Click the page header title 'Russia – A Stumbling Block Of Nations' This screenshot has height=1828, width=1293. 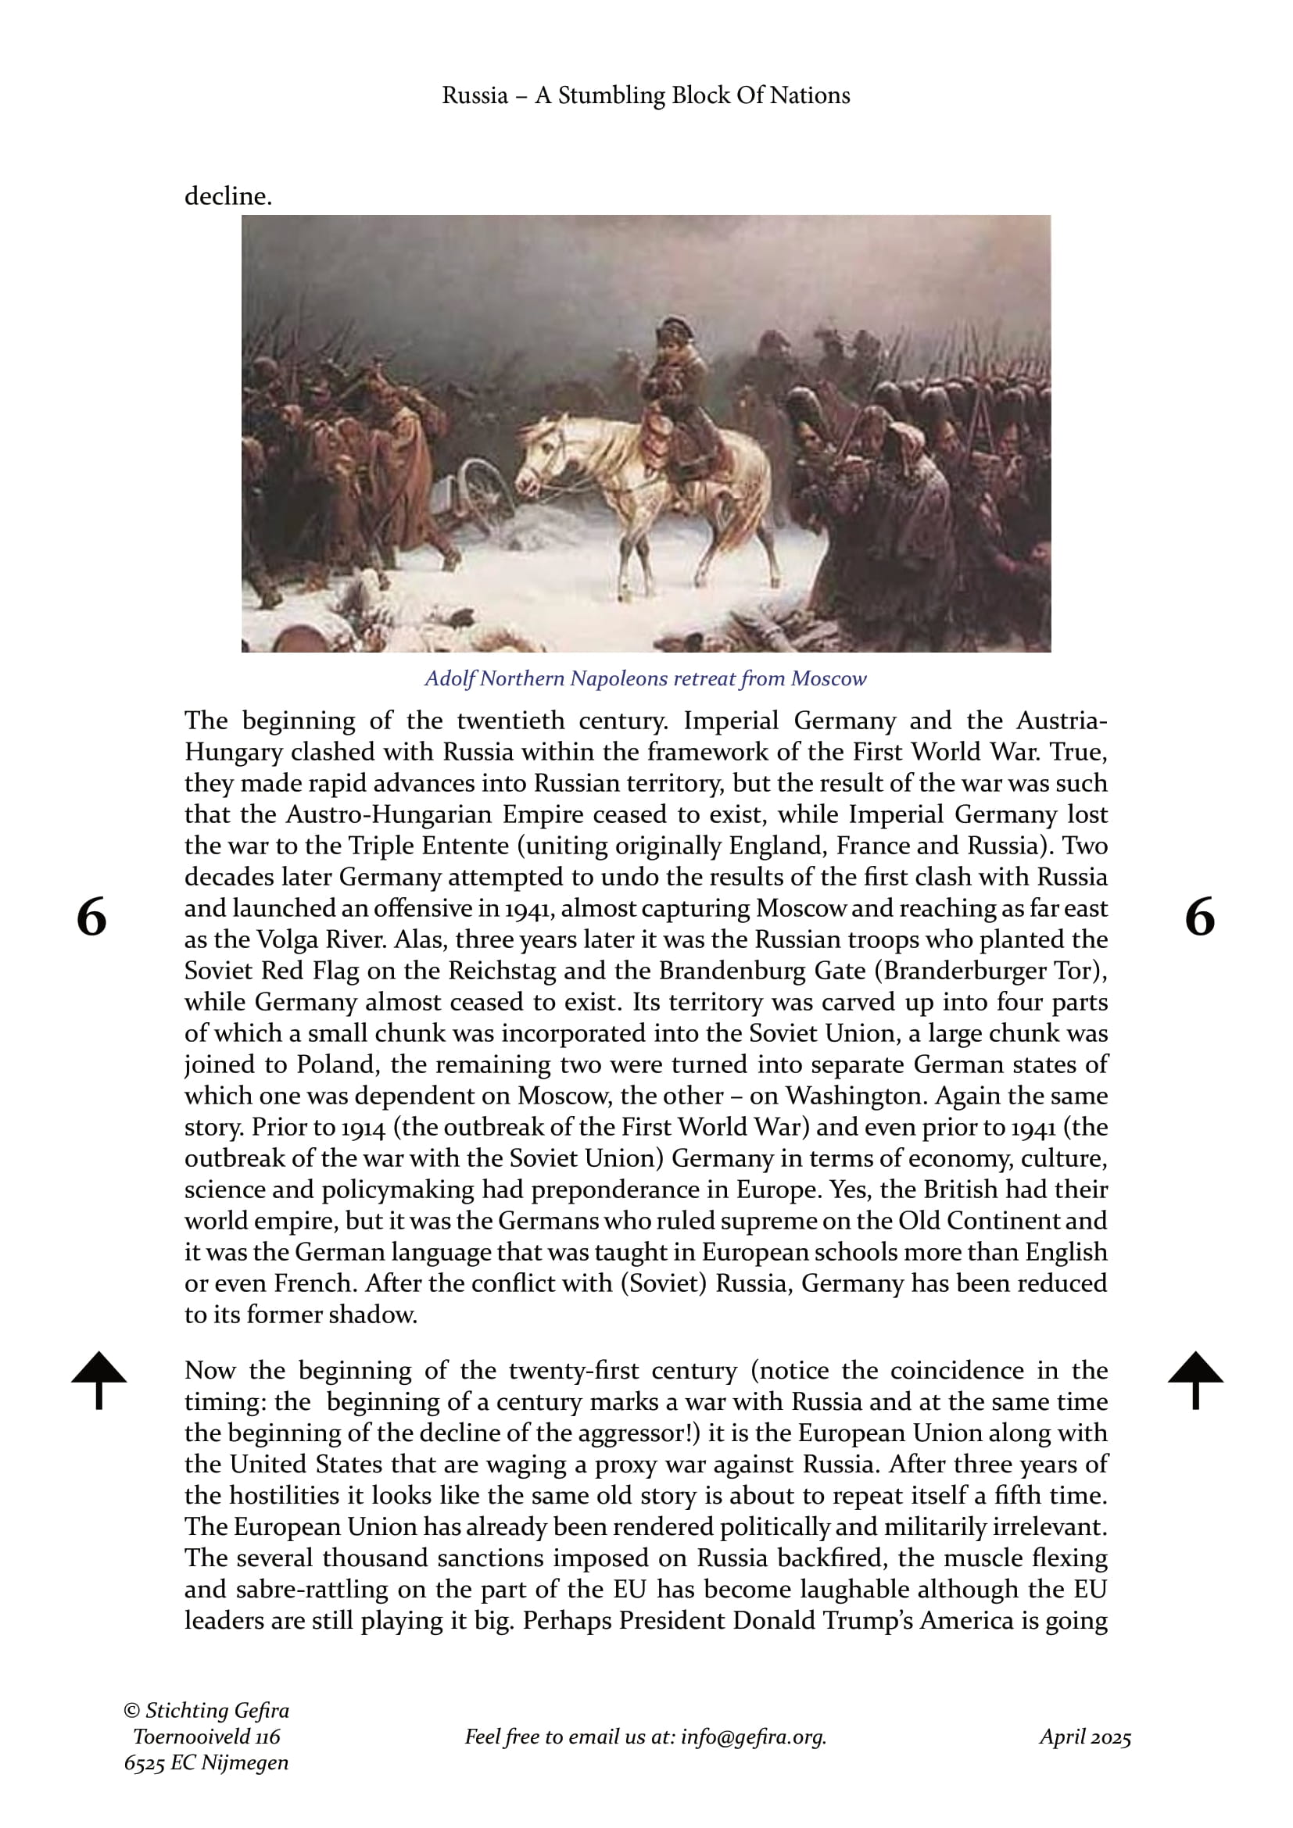[x=646, y=95]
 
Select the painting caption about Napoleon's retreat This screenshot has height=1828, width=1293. [x=646, y=678]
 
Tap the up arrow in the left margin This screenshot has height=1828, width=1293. [x=98, y=1379]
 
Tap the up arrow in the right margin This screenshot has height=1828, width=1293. [x=1195, y=1379]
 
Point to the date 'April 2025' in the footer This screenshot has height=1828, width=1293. [x=1084, y=1737]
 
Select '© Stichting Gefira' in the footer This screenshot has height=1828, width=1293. [x=206, y=1710]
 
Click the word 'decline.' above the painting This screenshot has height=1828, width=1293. [x=228, y=196]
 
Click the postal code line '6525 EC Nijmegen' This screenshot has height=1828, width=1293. [x=206, y=1762]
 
